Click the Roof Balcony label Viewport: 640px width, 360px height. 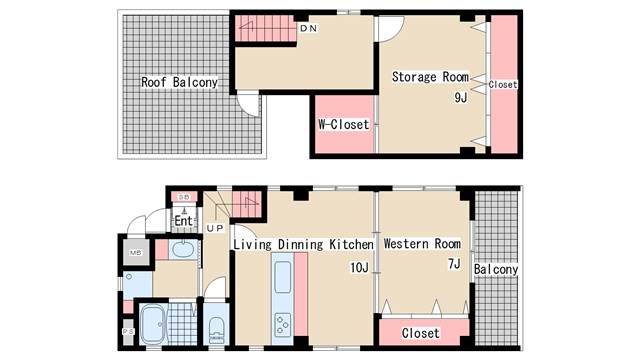click(x=179, y=82)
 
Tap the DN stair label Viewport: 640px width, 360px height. click(x=309, y=28)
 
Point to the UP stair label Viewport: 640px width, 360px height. click(x=215, y=229)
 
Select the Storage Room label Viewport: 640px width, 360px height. click(x=430, y=77)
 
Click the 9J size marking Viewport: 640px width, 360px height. click(x=461, y=98)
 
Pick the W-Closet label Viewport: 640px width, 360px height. click(x=344, y=124)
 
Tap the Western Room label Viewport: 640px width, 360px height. click(x=422, y=244)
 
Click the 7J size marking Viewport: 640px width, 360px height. click(x=454, y=264)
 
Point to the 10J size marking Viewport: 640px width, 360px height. click(x=360, y=267)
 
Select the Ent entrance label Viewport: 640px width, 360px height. click(x=183, y=221)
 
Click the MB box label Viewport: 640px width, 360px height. click(x=136, y=253)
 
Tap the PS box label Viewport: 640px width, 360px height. click(x=128, y=331)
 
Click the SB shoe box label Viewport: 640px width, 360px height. click(x=184, y=197)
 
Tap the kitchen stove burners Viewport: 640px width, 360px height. click(x=282, y=324)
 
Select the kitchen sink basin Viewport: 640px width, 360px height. click(x=282, y=277)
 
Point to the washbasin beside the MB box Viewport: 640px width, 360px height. click(x=183, y=249)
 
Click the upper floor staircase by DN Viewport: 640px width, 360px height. click(x=265, y=28)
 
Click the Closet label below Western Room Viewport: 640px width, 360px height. click(x=420, y=333)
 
